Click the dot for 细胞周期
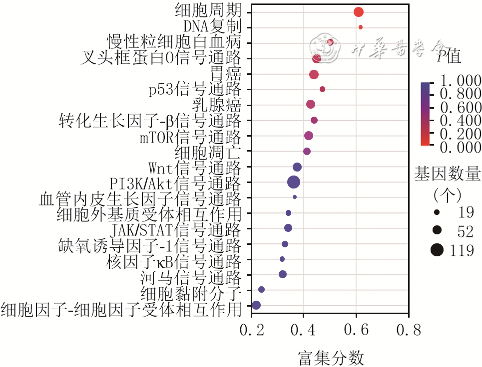coord(358,12)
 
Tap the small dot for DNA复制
coord(361,27)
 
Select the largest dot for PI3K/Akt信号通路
coord(294,183)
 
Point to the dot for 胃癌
coord(314,74)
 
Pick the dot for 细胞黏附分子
coord(261,289)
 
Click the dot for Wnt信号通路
coord(297,167)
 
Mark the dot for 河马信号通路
coord(283,274)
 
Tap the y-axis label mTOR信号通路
coord(190,136)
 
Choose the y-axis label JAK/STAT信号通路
coord(175,230)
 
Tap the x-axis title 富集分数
coord(330,356)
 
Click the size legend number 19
coord(465,213)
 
